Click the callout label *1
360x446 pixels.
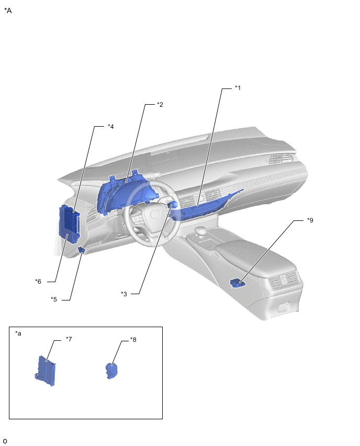click(238, 88)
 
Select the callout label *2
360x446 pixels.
click(160, 105)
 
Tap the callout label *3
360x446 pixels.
click(124, 294)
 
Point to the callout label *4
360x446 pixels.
click(110, 126)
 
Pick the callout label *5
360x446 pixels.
click(54, 299)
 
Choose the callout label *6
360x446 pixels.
click(38, 281)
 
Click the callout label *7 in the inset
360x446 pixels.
click(69, 339)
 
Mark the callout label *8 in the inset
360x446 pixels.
click(133, 340)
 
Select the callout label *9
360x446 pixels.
click(310, 220)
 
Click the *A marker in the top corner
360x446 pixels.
click(8, 10)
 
